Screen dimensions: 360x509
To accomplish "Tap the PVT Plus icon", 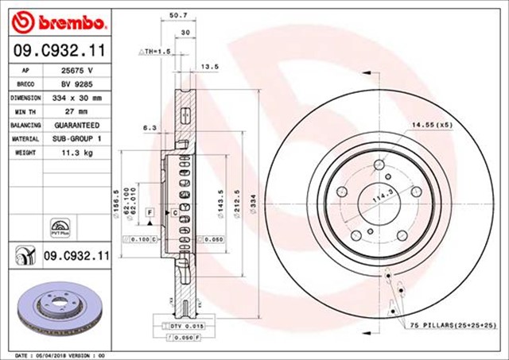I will click(60, 226).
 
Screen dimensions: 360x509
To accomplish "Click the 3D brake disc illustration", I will click(58, 308).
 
